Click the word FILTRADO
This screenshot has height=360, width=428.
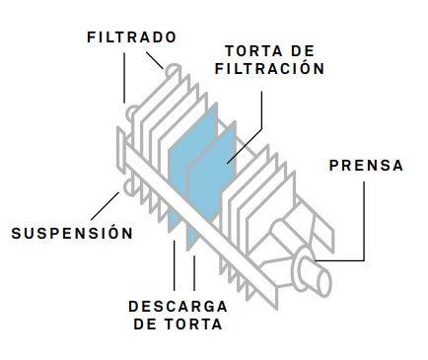click(x=131, y=37)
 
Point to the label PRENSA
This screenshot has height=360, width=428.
click(x=366, y=166)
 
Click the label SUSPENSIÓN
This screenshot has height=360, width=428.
click(x=71, y=233)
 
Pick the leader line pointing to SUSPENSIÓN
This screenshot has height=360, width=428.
click(x=104, y=204)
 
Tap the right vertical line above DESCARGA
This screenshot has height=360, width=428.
click(x=193, y=272)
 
